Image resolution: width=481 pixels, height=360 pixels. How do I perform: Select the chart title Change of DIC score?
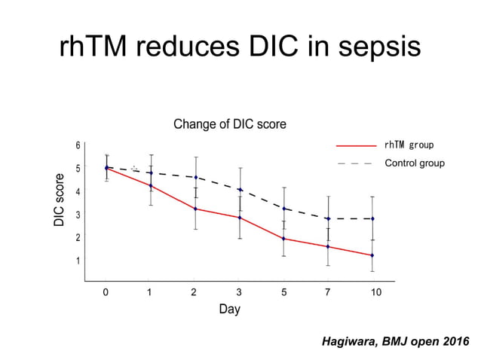point(230,124)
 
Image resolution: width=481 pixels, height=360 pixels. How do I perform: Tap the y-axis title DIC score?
point(60,200)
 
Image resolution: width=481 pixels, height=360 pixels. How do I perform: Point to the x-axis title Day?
point(229,310)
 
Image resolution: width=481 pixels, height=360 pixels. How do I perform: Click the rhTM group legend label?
point(409,145)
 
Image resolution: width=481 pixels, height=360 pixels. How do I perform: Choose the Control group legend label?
point(415,163)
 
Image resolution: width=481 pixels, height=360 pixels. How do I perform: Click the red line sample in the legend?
point(357,145)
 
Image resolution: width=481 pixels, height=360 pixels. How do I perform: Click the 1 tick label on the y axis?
point(78,261)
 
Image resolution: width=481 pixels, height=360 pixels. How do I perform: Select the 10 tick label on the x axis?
point(375,292)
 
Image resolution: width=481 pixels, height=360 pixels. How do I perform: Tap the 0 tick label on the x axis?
point(106,292)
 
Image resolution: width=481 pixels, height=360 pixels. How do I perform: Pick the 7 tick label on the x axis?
point(328,292)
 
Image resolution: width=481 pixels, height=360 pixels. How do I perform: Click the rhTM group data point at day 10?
point(372,255)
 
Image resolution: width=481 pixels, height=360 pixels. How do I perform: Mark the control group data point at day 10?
point(372,219)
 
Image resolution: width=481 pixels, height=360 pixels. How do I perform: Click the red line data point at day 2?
point(195,209)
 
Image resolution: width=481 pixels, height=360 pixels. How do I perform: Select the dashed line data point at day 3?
point(240,190)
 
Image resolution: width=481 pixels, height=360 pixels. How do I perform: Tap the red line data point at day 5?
point(283,239)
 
